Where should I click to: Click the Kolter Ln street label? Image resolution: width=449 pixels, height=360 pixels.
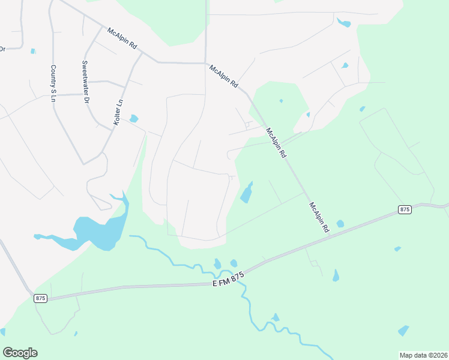point(118,112)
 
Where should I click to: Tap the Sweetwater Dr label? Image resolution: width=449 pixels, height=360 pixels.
point(85,82)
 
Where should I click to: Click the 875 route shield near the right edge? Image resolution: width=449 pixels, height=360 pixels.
point(405,209)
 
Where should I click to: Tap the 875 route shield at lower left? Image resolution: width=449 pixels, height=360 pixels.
point(40,298)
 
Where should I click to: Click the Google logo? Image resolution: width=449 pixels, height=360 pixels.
point(20,352)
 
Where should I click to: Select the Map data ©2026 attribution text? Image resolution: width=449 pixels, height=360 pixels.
point(423,354)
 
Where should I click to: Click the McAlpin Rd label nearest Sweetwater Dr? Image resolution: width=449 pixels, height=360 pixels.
point(122,41)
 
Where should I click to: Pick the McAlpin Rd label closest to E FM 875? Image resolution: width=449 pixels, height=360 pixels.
point(319,217)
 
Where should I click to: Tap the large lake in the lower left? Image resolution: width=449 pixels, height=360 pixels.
point(99,231)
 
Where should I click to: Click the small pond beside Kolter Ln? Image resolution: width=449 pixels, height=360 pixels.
point(133,119)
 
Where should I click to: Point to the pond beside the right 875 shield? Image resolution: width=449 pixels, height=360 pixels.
point(340,224)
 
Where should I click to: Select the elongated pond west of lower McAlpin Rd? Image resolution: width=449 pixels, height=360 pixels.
point(247,193)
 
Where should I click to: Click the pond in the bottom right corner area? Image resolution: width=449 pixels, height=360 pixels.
point(403,330)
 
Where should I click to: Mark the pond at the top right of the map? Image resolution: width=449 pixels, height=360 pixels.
point(344,23)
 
